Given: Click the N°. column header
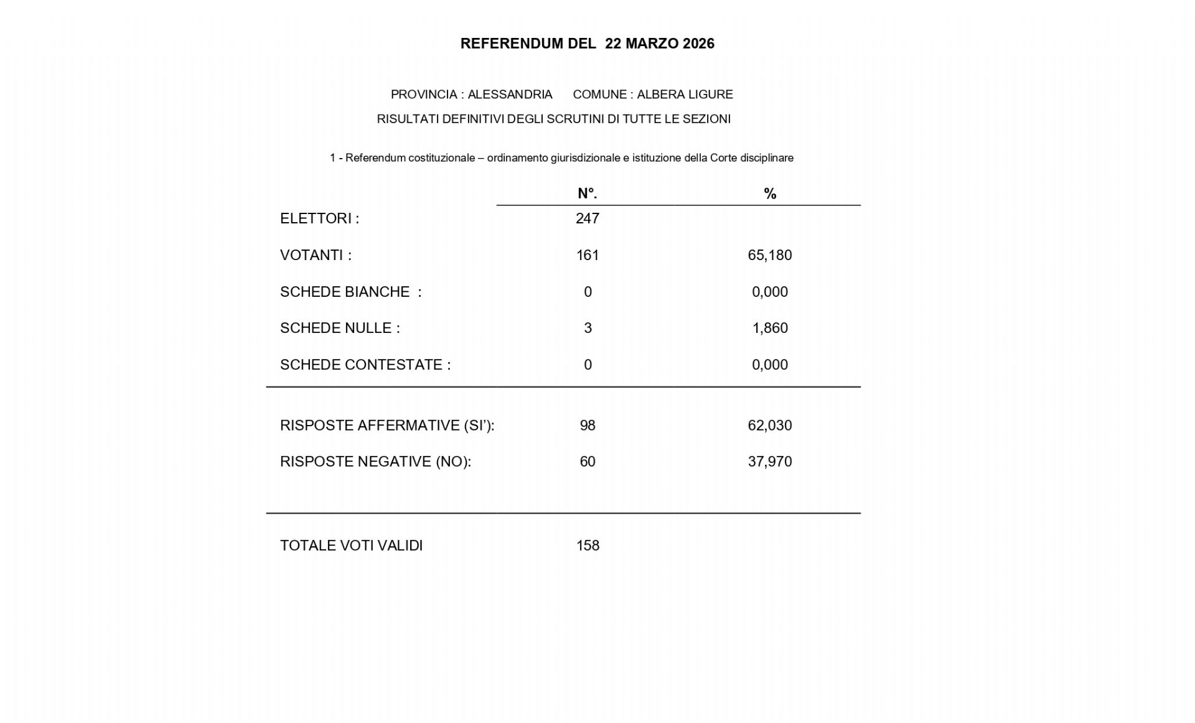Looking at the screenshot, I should coord(587,194).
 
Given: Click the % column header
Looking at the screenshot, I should coord(770,194).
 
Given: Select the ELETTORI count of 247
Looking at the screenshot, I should coord(588,218).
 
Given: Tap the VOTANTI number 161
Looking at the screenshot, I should coord(588,255).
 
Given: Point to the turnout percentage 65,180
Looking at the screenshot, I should coord(770,255).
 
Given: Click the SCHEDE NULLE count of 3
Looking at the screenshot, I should coord(588,328).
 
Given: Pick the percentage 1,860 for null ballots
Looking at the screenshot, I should coord(770,328).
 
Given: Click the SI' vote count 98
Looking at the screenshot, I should coord(588,426).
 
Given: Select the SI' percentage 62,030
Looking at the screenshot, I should coord(770,426).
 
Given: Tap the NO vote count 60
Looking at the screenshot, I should coord(588,462).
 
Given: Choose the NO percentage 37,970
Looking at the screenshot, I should coord(770,462).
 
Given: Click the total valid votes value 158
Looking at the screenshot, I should coord(588,546).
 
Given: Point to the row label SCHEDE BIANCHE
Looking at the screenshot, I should coord(345,292).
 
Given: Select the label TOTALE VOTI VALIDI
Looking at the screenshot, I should coord(351,546).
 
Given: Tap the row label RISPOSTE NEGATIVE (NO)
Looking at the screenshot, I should coord(375,462).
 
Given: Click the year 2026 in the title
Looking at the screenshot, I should coord(698,44).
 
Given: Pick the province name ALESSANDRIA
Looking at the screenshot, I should coord(510,95).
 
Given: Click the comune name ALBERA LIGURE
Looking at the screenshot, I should coord(685,95).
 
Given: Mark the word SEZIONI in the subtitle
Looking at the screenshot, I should coord(706,119).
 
